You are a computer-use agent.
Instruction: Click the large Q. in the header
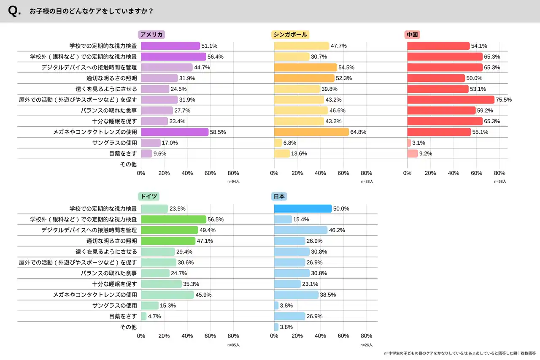[14, 11]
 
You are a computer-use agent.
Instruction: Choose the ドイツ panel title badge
[148, 196]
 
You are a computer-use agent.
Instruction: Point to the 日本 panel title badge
[280, 196]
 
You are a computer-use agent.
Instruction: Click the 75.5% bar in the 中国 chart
[451, 100]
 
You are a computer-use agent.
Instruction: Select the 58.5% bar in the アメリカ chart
[175, 132]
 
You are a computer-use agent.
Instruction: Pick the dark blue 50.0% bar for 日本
[303, 208]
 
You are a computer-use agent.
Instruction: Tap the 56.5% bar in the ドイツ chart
[173, 219]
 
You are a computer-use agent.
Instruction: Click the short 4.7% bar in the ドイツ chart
[143, 316]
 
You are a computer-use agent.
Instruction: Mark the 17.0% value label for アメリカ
[170, 143]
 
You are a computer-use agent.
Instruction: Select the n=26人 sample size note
[367, 345]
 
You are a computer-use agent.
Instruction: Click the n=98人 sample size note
[500, 181]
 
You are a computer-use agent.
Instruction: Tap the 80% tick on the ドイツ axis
[233, 336]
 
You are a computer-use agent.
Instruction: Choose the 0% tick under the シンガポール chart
[274, 173]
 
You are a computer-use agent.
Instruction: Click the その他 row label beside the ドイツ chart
[128, 327]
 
